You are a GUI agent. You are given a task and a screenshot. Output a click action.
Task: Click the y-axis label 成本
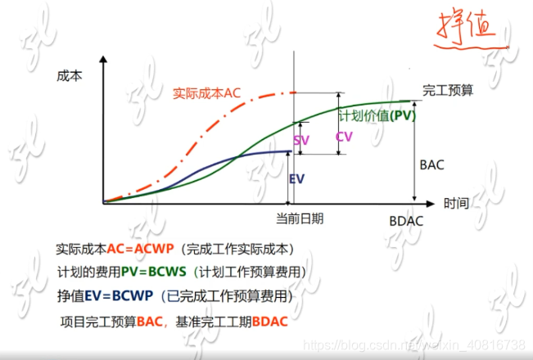point(70,75)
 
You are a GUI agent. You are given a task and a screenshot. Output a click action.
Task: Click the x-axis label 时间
point(457,203)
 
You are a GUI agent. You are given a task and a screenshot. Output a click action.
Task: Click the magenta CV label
point(345,137)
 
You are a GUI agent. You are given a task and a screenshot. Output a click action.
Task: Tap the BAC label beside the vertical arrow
point(431,164)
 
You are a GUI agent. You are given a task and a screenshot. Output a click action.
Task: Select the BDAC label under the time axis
point(407,222)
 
